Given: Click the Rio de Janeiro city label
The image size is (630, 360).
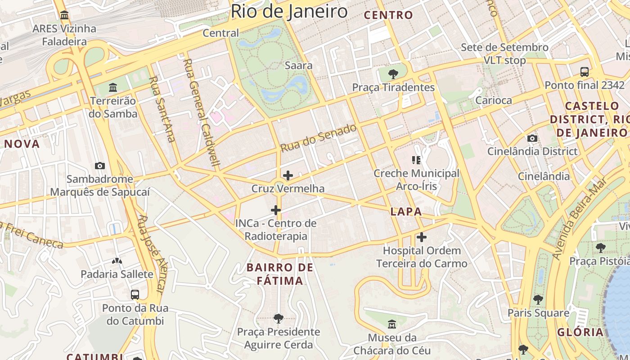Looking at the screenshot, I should [289, 11].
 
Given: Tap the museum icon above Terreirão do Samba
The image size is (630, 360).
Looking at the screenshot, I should [113, 86].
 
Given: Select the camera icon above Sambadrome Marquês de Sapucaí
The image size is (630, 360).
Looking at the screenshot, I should [100, 166].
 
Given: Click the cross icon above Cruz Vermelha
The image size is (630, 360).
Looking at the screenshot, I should [288, 175].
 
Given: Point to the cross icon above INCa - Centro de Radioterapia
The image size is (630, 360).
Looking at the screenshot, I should [276, 210].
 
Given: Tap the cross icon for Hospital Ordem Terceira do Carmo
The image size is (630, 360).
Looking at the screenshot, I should [422, 237].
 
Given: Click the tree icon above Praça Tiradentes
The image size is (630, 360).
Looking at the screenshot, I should [393, 73].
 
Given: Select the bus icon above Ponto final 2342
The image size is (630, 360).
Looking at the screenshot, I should [584, 72].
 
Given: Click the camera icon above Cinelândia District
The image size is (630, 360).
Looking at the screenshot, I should [532, 138].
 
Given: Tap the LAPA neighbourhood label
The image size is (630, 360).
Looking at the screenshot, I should [406, 211].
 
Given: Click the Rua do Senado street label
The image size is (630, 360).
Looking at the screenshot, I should [319, 138].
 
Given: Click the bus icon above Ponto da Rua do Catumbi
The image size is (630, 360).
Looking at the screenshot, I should [135, 295].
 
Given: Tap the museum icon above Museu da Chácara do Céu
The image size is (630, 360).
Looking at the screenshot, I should [392, 324].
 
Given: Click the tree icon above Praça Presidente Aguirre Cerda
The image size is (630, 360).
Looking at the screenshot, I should [279, 319].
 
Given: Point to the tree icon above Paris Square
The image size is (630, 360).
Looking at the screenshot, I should [538, 299].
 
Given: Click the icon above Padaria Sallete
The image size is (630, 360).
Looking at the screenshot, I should [117, 261].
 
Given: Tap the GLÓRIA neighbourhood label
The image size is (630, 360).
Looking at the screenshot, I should [580, 332].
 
